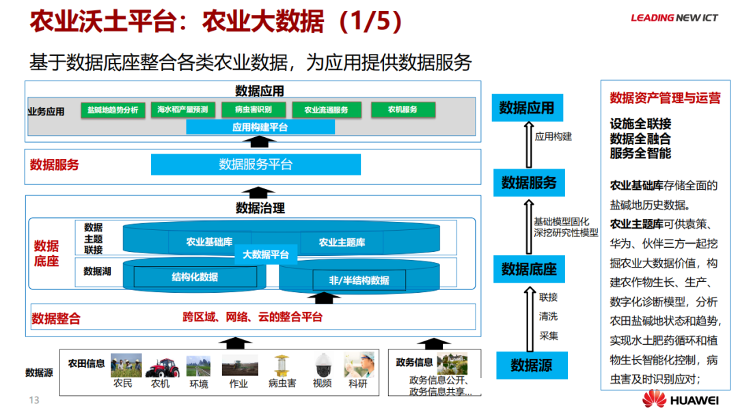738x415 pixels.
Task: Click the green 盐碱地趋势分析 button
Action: pos(113,110)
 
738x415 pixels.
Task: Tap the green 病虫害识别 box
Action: pos(253,110)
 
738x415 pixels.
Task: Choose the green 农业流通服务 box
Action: pos(326,110)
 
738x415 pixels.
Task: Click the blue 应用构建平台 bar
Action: pos(260,127)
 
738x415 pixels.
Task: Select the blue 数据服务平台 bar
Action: pos(256,164)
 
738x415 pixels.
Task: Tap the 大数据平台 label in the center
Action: pos(266,255)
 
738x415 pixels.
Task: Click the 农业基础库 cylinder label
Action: pos(209,242)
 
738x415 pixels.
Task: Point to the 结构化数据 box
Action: pos(195,277)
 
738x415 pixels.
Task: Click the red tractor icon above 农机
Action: pos(161,367)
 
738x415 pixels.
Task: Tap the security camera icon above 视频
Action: pos(322,365)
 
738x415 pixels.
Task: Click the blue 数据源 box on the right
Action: pos(531,366)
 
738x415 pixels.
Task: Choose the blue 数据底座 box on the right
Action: pos(529,269)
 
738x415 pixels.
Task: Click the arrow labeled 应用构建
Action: pos(528,144)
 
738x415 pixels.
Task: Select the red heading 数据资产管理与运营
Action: pos(665,98)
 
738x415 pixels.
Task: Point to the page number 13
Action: pos(34,400)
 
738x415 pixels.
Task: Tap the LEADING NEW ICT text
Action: pos(674,18)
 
